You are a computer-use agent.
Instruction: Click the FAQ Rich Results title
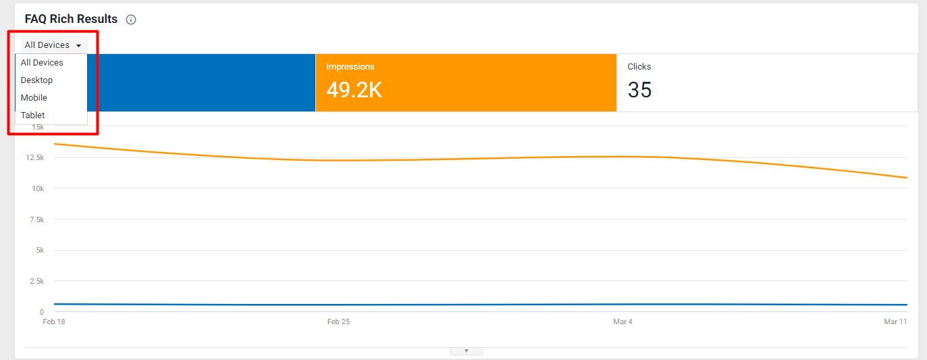[x=71, y=19]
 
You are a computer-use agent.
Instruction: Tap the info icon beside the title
[x=131, y=20]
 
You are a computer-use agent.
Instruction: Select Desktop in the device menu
[x=37, y=80]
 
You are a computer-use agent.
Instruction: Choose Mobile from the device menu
[x=34, y=98]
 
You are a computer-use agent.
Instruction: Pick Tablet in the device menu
[x=32, y=115]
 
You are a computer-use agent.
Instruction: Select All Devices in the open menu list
[x=42, y=63]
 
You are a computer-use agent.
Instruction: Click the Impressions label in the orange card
[x=350, y=67]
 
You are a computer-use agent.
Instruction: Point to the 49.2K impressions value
[x=354, y=90]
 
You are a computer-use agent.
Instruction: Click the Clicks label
[x=639, y=67]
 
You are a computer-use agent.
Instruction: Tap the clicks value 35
[x=640, y=90]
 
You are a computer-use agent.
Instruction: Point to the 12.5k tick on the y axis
[x=34, y=157]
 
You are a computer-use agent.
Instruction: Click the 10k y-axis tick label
[x=38, y=188]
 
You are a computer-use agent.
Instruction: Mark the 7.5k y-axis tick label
[x=37, y=220]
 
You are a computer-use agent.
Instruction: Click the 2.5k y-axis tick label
[x=37, y=282]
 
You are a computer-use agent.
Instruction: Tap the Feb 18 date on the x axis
[x=54, y=322]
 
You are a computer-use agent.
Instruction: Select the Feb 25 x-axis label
[x=338, y=322]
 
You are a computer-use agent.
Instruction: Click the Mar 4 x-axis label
[x=623, y=322]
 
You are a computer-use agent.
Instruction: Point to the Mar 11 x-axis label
[x=895, y=322]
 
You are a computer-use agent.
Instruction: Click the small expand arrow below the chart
[x=467, y=351]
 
